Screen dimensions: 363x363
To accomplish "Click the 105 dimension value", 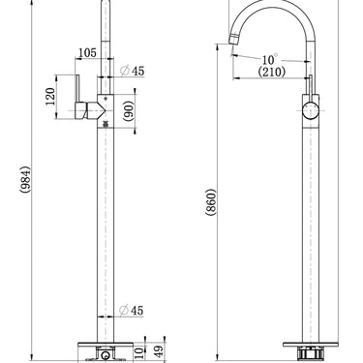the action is coord(87,52).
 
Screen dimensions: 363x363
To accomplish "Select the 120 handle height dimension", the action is coord(50,96).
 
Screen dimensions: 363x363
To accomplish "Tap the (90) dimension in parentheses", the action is coord(128,110).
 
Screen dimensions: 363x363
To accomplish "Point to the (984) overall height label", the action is coord(25,179).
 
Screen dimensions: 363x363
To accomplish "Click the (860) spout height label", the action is coord(210,202).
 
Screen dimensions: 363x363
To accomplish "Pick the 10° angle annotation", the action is coord(269,60).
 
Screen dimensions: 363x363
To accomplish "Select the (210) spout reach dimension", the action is coord(272,72).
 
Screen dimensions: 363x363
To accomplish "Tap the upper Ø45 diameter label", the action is coord(132,71).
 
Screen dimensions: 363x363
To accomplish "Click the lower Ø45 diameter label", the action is coord(131,311).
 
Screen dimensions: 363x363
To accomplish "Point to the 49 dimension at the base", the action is coord(159,350).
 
